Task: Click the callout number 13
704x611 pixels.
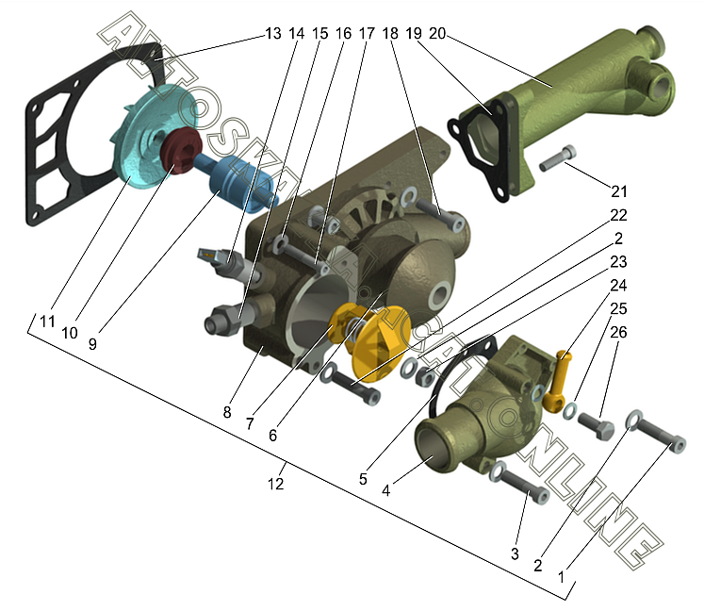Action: coord(273,34)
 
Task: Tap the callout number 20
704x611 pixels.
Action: coord(437,33)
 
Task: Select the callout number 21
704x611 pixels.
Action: coord(619,191)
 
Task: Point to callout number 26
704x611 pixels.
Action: coord(618,332)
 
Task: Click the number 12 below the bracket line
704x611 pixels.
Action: coord(276,484)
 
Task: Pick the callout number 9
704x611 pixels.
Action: coord(92,343)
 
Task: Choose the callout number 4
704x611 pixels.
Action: coord(386,490)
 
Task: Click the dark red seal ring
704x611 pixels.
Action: coord(181,150)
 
